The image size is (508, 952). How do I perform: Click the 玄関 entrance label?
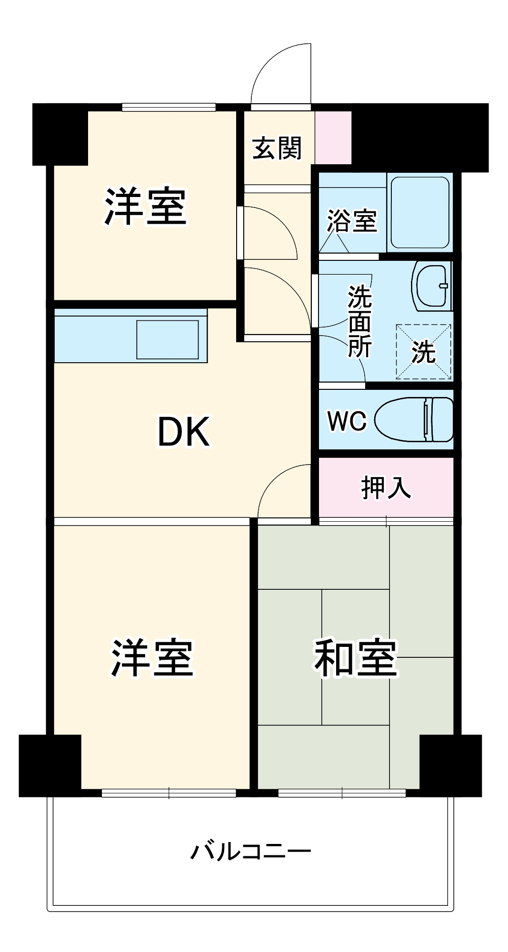pyautogui.click(x=277, y=148)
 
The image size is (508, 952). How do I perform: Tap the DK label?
pyautogui.click(x=183, y=431)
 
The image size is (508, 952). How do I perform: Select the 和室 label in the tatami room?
pyautogui.click(x=355, y=657)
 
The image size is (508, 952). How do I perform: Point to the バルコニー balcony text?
pyautogui.click(x=251, y=851)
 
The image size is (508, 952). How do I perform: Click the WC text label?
pyautogui.click(x=347, y=421)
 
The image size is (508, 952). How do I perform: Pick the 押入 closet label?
pyautogui.click(x=386, y=487)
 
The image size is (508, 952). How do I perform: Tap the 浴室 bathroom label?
pyautogui.click(x=352, y=220)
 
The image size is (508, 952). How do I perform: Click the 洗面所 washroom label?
pyautogui.click(x=359, y=321)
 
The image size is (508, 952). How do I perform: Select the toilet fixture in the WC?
pyautogui.click(x=414, y=419)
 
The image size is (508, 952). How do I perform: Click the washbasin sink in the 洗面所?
pyautogui.click(x=432, y=286)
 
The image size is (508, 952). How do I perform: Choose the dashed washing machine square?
pyautogui.click(x=423, y=352)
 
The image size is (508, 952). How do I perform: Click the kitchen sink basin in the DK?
pyautogui.click(x=168, y=339)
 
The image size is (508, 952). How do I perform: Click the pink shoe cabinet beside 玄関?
pyautogui.click(x=333, y=138)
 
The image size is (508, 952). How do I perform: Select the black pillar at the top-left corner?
pyautogui.click(x=60, y=134)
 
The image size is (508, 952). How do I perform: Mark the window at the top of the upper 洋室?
pyautogui.click(x=169, y=108)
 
